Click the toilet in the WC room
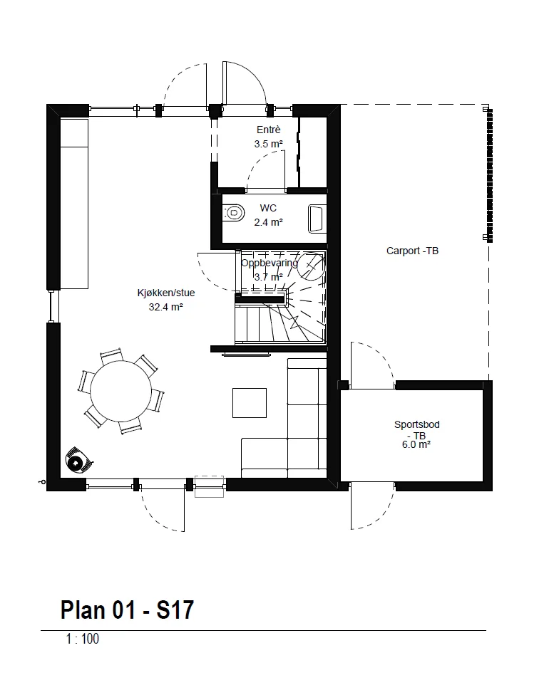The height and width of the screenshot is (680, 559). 233,213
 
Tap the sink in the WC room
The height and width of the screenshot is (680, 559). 317,219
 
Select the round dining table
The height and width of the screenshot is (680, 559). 120,391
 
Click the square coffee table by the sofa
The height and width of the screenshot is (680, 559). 250,403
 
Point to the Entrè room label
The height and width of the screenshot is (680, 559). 268,130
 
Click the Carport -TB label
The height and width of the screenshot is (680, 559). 412,251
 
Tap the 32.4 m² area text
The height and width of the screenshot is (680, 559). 165,307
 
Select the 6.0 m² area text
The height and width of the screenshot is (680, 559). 416,444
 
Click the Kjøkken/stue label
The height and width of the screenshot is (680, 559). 166,293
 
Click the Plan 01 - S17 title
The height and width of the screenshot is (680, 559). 127,610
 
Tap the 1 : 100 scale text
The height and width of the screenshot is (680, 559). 83,639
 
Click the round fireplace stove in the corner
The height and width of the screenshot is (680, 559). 78,461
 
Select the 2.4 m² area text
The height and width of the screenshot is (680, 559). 268,222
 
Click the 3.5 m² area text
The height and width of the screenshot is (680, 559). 268,144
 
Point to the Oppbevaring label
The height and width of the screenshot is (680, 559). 270,263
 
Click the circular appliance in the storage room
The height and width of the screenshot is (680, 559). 311,266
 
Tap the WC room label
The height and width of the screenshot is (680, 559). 268,208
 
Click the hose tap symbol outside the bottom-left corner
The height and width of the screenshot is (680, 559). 42,482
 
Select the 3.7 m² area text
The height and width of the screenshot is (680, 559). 268,277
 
